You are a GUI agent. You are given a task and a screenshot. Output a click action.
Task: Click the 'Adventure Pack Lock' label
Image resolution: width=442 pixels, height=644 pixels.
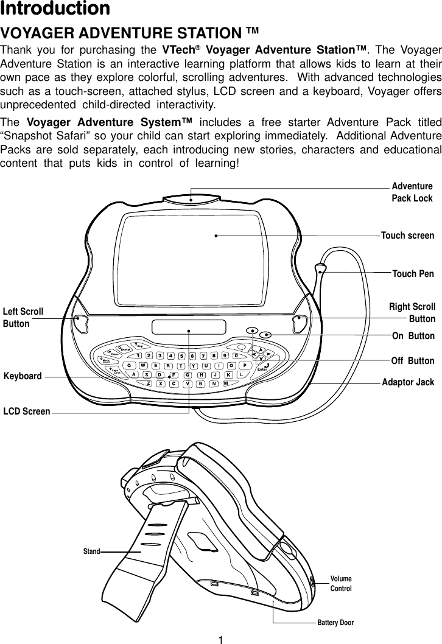(x=412, y=192)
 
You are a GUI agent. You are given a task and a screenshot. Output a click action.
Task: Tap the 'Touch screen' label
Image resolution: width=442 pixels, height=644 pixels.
(x=407, y=236)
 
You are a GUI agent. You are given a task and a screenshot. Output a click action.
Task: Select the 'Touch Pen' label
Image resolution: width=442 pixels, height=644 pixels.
(x=413, y=274)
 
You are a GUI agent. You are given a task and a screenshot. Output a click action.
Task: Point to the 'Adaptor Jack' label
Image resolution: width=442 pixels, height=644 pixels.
(x=408, y=383)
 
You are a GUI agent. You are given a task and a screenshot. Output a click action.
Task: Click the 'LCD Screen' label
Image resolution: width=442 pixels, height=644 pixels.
(x=27, y=412)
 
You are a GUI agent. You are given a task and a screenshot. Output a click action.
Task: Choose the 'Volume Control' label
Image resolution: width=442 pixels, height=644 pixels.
(x=341, y=584)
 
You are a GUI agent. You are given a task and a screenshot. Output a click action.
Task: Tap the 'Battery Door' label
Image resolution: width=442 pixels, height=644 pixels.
(x=335, y=623)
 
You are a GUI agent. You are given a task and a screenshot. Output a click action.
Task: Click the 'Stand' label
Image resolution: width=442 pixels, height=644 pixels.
(x=91, y=551)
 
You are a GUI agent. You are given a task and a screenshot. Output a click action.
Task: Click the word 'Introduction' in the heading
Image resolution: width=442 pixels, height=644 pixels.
(x=55, y=9)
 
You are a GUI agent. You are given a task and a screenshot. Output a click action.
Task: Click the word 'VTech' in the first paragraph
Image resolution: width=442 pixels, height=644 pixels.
(x=179, y=49)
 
